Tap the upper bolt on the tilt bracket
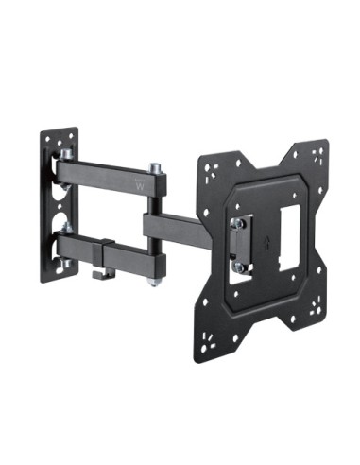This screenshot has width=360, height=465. pyautogui.click(x=238, y=223)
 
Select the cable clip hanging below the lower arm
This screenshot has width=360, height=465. pyautogui.click(x=104, y=274)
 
